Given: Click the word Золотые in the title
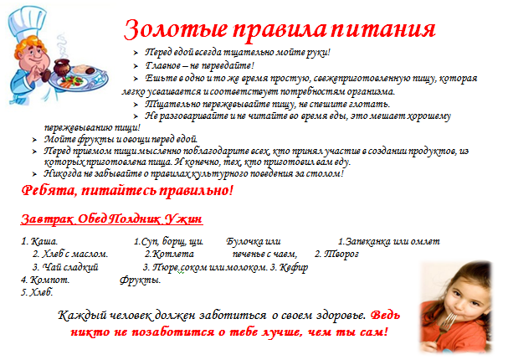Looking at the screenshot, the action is click(176, 29).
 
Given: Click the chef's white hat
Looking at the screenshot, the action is click(25, 22).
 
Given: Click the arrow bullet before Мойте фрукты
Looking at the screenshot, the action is click(34, 140).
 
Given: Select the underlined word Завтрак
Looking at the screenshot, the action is click(48, 219).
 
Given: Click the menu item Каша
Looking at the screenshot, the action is click(44, 241).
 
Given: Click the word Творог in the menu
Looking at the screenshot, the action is click(341, 254).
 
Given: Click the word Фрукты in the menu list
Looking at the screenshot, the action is click(140, 280).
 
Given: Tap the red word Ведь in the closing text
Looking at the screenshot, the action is click(385, 315).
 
